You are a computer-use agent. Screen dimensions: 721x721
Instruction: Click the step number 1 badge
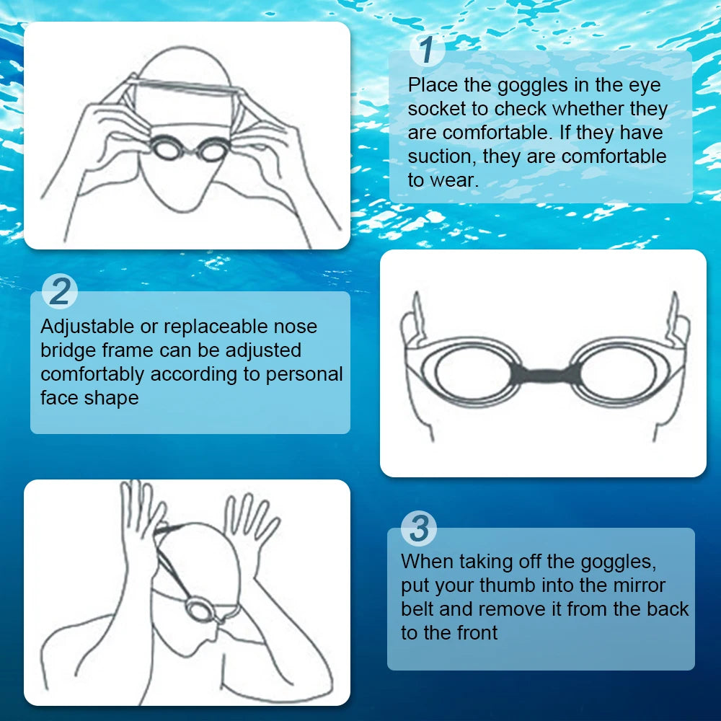pyautogui.click(x=427, y=50)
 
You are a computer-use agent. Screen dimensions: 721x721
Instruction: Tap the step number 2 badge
pyautogui.click(x=61, y=292)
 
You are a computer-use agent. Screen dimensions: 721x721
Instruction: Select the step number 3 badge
pyautogui.click(x=419, y=528)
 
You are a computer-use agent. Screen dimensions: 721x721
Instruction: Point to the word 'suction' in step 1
pyautogui.click(x=440, y=156)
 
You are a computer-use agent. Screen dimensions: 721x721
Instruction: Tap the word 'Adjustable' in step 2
pyautogui.click(x=87, y=327)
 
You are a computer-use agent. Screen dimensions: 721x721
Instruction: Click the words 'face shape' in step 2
pyautogui.click(x=89, y=398)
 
